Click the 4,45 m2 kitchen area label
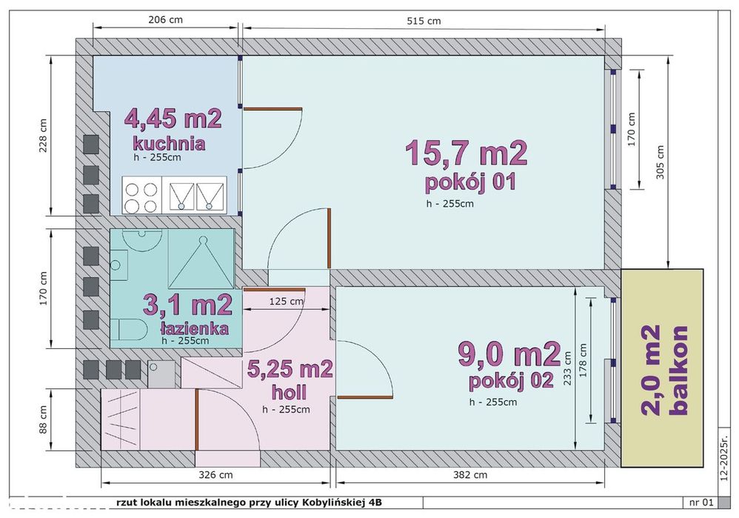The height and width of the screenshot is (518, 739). [x=173, y=119]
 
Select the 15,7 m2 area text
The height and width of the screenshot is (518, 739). [x=466, y=153]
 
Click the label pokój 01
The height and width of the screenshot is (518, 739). [x=469, y=182]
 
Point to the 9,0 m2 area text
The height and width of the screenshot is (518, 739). [x=509, y=355]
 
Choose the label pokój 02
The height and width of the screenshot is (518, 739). [x=512, y=382]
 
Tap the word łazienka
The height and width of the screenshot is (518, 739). [x=193, y=328]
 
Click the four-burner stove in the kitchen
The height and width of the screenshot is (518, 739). [x=141, y=196]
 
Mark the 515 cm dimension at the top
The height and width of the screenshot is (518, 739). [x=424, y=21]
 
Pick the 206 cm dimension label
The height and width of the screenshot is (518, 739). [x=165, y=20]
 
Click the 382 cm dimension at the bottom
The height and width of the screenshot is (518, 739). [x=471, y=474]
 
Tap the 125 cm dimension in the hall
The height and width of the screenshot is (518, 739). [x=286, y=301]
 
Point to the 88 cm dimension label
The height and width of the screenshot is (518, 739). [x=43, y=419]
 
